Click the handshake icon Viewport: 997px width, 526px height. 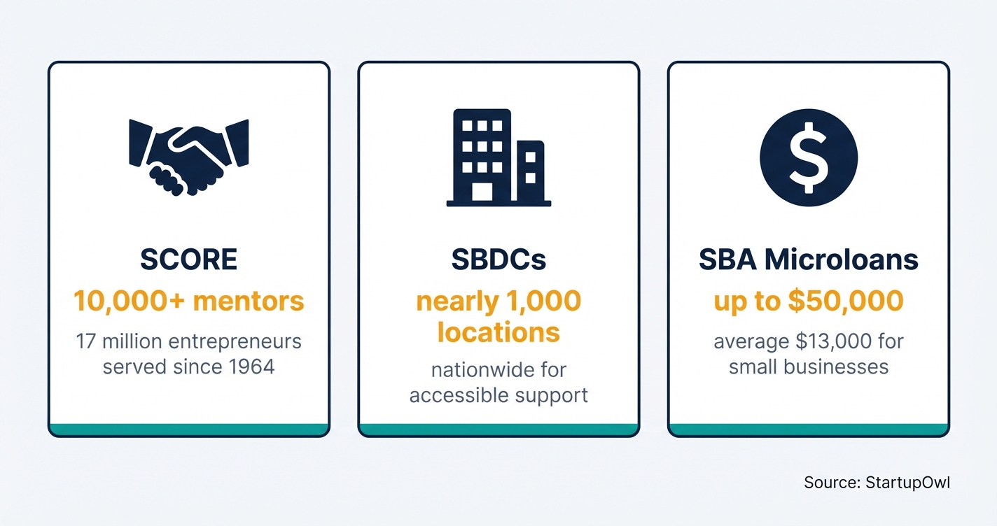pos(189,157)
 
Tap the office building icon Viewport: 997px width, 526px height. pos(498,157)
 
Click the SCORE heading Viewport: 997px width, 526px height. pos(189,260)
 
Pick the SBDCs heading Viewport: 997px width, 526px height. pos(498,260)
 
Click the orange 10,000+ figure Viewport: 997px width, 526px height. pos(129,301)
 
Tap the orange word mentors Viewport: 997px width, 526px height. pos(249,301)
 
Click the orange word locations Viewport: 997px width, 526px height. pos(498,332)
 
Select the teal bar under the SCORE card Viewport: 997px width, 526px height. pos(189,429)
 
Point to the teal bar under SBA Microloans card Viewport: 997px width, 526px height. pos(808,429)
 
